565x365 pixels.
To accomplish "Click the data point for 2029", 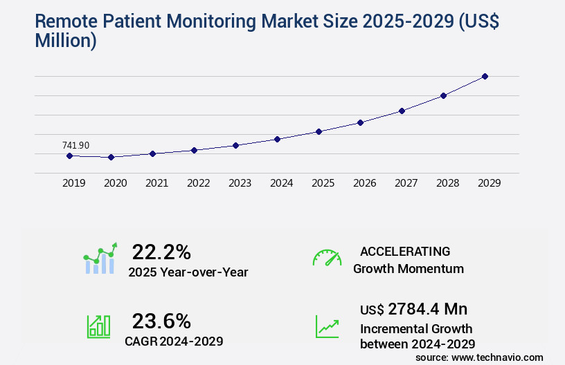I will [485, 76].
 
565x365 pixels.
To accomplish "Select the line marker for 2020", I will [111, 158].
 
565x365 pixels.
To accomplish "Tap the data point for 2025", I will [319, 131].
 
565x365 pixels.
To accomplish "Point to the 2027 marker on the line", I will [402, 111].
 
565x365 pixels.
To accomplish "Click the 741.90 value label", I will [75, 145].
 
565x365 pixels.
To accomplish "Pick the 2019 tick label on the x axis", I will [74, 183].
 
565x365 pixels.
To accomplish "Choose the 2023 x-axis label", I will [240, 183].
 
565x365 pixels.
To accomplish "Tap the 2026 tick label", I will [365, 183].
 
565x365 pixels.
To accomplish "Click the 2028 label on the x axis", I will [448, 183].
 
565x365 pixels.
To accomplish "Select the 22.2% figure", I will [161, 252].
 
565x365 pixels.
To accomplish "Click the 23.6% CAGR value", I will [161, 321].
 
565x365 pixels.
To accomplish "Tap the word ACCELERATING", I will [405, 251].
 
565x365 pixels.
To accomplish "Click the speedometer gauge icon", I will [327, 257].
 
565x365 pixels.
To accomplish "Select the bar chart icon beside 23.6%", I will [98, 326].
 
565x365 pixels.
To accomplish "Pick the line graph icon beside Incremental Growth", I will [327, 326].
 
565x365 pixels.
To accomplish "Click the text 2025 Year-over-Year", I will [188, 272].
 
